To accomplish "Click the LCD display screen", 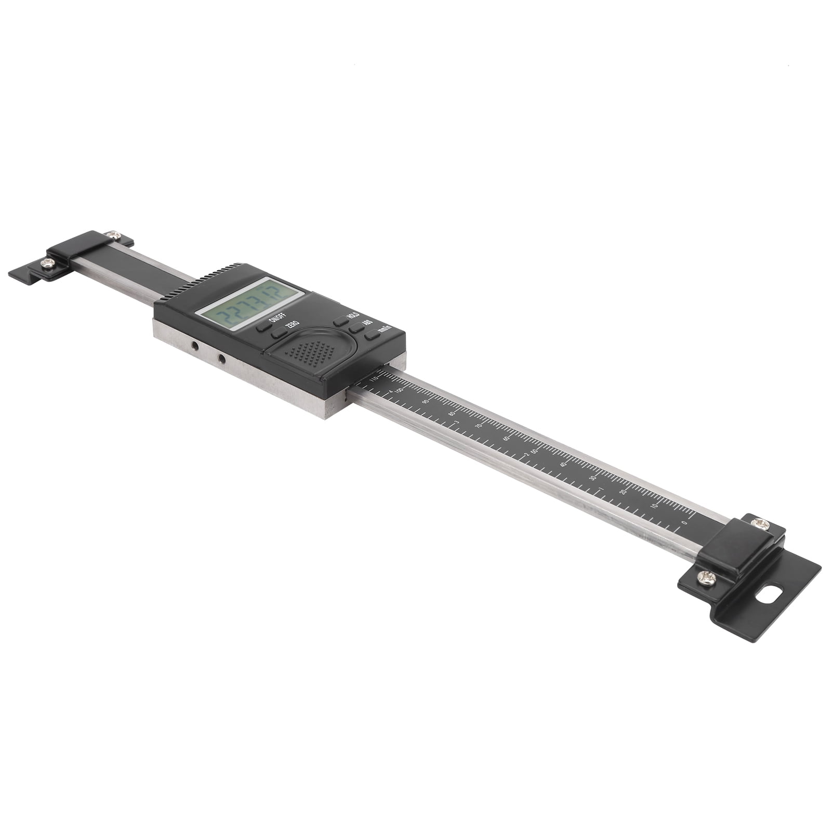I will [248, 303].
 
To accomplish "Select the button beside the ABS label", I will [356, 328].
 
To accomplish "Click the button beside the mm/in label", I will [372, 336].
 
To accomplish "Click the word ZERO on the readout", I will [293, 324].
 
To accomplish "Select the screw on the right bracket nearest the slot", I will [706, 577].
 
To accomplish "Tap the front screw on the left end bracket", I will [47, 263].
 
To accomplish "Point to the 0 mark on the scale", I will [684, 522].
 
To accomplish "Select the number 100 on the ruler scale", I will [399, 390].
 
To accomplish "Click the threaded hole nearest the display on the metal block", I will [221, 359].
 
